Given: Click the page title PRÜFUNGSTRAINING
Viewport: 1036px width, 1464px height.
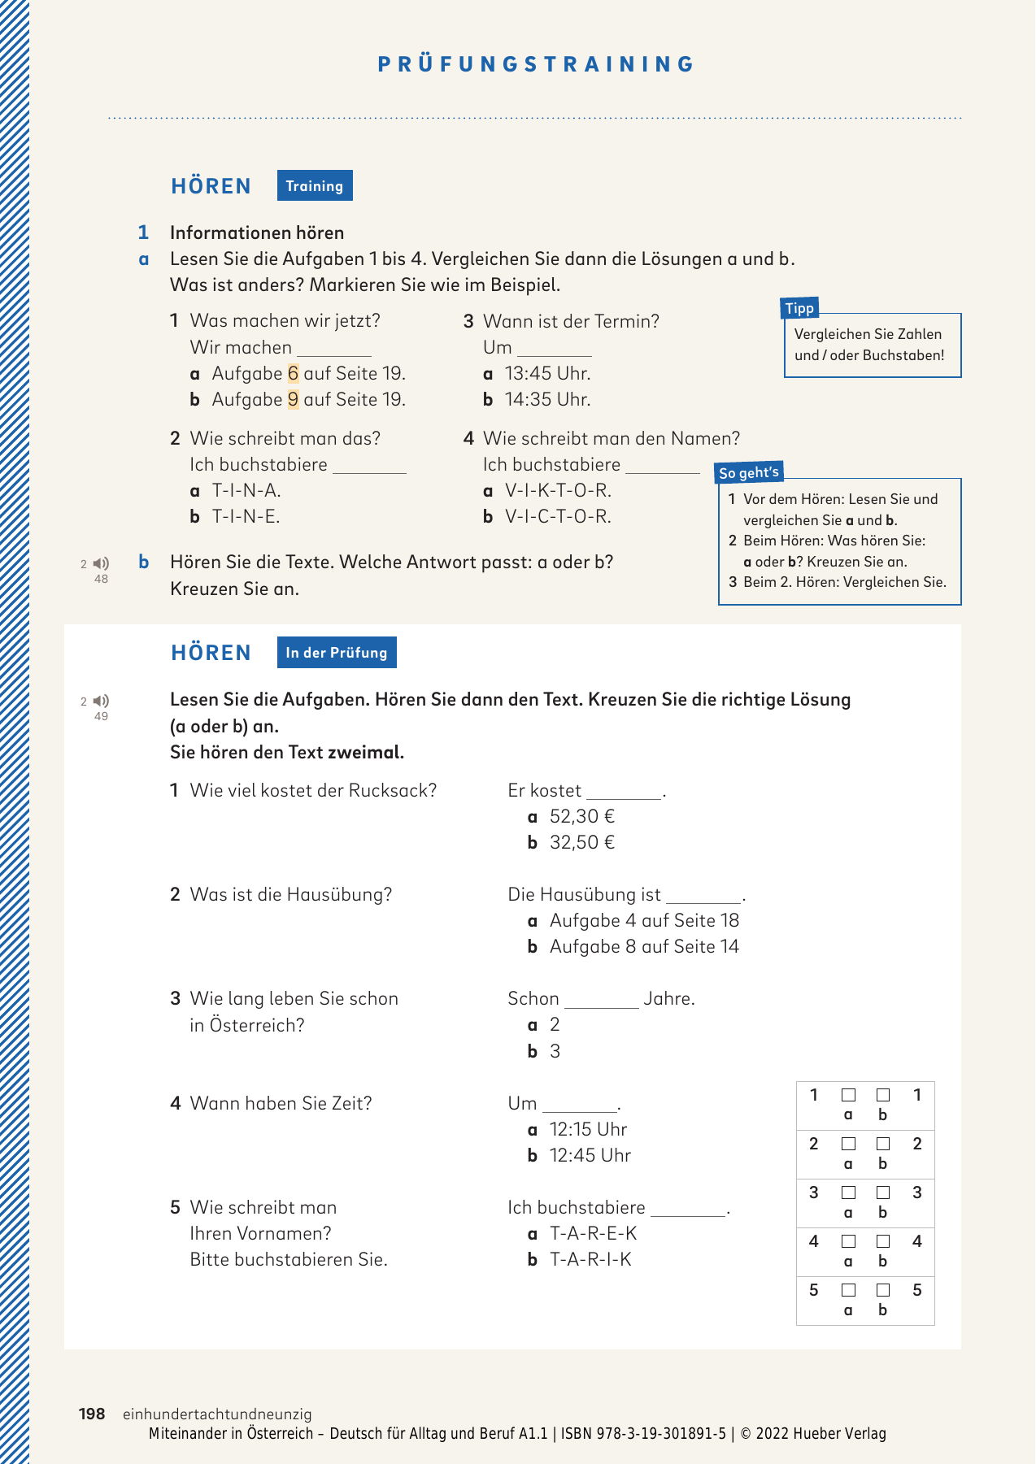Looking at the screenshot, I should pos(536,64).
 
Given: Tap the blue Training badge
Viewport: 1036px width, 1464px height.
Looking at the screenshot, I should pos(315,186).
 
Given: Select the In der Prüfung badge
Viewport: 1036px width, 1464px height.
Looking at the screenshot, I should pos(337,653).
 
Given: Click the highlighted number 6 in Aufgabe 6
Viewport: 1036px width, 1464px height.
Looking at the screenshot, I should pos(294,373).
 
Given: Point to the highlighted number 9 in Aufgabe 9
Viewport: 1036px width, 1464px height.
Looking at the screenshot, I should pos(294,399).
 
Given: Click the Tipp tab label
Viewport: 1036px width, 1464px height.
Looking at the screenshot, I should pos(800,308).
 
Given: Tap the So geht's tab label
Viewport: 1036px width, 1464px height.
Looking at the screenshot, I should pos(749,472).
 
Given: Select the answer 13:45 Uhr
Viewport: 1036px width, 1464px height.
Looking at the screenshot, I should pos(547,373).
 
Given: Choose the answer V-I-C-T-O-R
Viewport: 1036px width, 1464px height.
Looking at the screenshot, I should pos(558,516).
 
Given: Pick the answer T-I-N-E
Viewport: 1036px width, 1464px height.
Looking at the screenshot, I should pos(246,516).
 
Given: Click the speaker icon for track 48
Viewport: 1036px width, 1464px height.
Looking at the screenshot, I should pos(102,563).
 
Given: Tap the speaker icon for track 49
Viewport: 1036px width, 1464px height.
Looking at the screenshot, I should pos(102,701).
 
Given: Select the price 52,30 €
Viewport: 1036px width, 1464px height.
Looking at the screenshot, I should pos(581,816).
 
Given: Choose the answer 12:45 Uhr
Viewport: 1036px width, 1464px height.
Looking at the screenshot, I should pos(590,1155).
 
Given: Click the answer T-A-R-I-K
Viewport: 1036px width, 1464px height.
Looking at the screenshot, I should pos(590,1259).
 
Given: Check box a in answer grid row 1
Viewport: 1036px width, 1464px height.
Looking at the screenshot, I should pos(848,1095).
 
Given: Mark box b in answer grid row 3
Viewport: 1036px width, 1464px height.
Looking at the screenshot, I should pos(883,1192).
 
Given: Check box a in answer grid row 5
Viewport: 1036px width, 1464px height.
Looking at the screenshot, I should pos(848,1290).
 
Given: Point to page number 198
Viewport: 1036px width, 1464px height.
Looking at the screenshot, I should pos(92,1414).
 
